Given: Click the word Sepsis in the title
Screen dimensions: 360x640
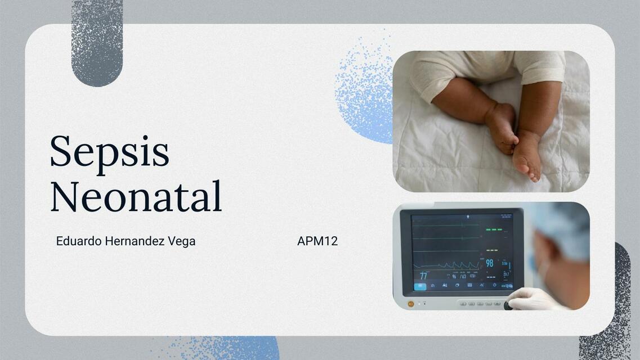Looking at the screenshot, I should [x=109, y=152].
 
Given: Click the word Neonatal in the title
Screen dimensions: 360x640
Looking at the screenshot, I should [x=136, y=196].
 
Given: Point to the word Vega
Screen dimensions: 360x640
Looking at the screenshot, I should [x=182, y=241].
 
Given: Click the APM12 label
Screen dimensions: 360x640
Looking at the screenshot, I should [x=317, y=241].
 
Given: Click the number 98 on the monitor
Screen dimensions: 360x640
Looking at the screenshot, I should [x=489, y=263].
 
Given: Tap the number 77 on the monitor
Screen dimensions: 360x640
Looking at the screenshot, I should [x=423, y=276].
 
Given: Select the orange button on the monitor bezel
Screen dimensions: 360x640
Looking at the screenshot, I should [x=410, y=304].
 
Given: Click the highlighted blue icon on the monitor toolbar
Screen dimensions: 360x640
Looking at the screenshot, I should [x=420, y=286].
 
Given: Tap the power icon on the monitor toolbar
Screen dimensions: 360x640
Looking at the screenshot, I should [x=494, y=285].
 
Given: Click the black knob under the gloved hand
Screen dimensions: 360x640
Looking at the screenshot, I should [x=508, y=306].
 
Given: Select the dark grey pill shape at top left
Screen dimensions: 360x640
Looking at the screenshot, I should [x=97, y=42].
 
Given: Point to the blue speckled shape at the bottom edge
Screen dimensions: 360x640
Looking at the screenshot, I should [x=225, y=349].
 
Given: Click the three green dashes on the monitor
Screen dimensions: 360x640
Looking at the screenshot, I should [x=493, y=229].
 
